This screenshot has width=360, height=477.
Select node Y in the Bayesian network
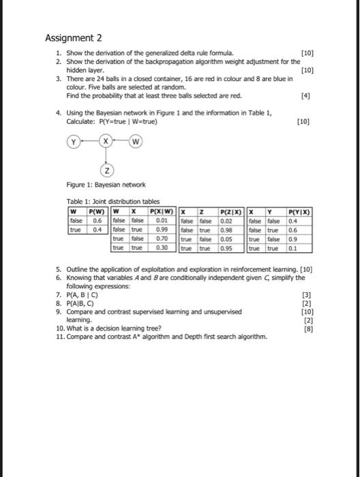[x=71, y=142]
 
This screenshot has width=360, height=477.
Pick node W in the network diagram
[x=136, y=142]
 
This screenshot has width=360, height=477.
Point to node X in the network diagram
[x=106, y=142]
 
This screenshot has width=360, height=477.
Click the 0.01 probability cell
[x=162, y=220]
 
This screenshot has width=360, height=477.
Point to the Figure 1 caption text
[x=101, y=185]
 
